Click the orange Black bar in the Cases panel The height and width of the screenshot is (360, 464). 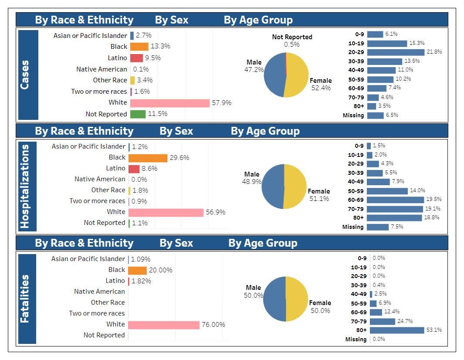coord(139,47)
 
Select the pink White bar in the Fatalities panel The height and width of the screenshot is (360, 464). coord(164,325)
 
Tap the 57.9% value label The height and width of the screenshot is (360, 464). coord(222,103)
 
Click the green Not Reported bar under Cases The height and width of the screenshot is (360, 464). coord(138,114)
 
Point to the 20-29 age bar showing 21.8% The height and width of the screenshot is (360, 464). coord(396,52)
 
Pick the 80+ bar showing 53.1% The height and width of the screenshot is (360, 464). coord(397,330)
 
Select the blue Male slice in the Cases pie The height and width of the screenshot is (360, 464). coord(274,75)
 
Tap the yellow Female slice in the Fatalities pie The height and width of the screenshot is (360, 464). coord(297,299)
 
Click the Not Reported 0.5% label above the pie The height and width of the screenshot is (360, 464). coord(292,41)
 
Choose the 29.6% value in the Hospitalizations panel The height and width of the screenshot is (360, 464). coord(180,157)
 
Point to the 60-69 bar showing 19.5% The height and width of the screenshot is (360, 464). coord(395,200)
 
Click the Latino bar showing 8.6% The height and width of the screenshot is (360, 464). coord(134,169)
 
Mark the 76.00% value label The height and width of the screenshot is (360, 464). coord(213,325)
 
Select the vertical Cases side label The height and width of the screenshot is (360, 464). coord(25,75)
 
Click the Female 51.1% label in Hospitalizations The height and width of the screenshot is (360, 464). coord(319,195)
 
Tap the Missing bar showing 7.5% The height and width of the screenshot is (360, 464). coord(378,227)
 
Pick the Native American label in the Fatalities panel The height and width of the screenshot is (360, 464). coord(99,292)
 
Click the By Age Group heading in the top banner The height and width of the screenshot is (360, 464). coord(258,20)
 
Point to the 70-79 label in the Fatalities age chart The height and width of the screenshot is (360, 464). coord(359,321)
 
